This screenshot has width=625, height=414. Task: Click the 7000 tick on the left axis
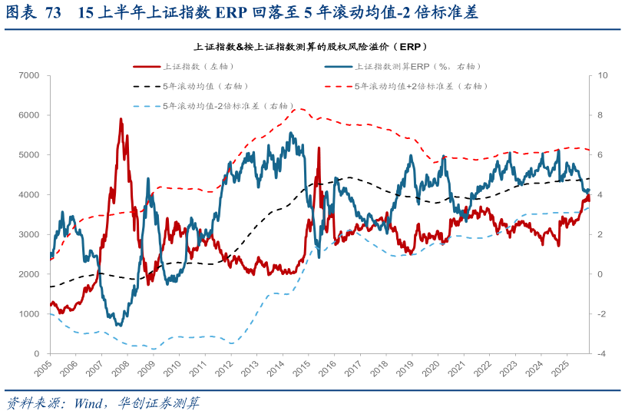pos(29,75)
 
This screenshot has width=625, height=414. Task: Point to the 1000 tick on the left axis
pos(29,314)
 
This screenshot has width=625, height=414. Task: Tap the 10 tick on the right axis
pos(603,75)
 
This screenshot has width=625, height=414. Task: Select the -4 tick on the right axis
pos(602,354)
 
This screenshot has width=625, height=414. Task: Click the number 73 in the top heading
pos(53,13)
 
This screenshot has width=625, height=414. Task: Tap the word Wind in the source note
pos(90,402)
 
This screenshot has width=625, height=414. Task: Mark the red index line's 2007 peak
pos(121,120)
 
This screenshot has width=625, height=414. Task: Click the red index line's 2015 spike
pos(318,148)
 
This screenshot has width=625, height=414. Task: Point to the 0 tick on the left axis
pos(36,354)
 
